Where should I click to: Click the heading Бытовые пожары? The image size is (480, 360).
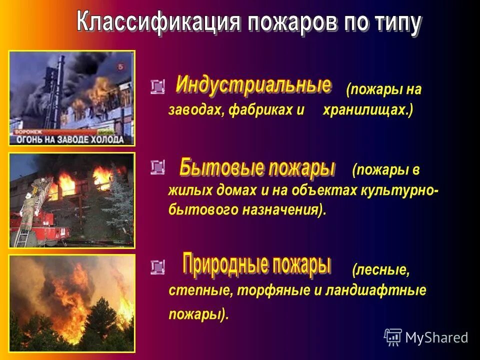tap(257, 168)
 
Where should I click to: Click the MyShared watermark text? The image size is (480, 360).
tap(436, 337)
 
